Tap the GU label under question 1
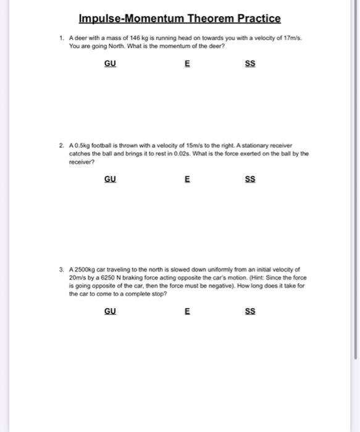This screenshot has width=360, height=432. point(110,64)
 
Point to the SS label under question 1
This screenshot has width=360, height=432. point(250,64)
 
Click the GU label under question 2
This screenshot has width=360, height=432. point(110,180)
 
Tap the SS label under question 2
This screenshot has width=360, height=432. point(250,180)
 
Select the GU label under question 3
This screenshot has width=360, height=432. point(110,312)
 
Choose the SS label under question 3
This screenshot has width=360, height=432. point(250,312)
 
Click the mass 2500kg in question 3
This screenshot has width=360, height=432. point(85,269)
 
